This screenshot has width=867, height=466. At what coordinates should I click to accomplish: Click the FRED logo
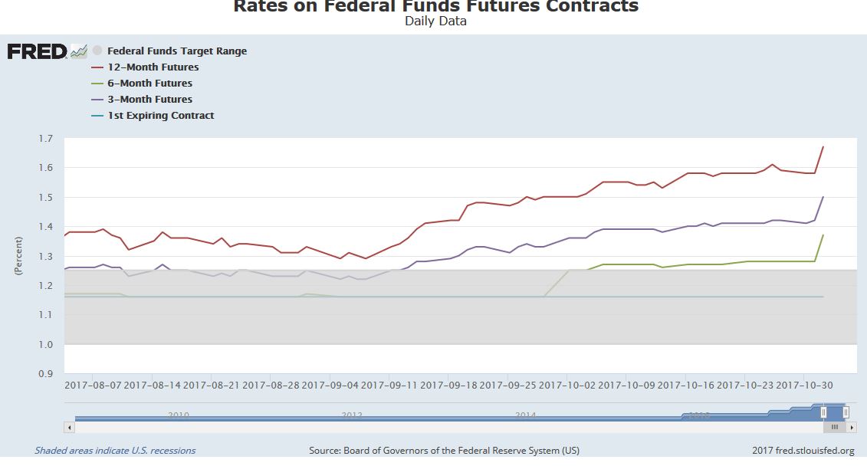pyautogui.click(x=37, y=51)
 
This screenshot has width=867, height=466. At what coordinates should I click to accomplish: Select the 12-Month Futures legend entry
pyautogui.click(x=153, y=67)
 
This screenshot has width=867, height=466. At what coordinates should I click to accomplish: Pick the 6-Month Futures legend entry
pyautogui.click(x=149, y=84)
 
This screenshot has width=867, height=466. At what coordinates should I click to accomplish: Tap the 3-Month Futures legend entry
pyautogui.click(x=149, y=100)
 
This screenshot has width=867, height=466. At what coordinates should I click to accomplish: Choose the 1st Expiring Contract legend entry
pyautogui.click(x=160, y=116)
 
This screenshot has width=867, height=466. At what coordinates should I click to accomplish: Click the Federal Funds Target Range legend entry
pyautogui.click(x=176, y=51)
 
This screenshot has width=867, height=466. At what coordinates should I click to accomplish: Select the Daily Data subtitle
pyautogui.click(x=435, y=21)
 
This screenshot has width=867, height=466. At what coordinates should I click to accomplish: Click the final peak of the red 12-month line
pyautogui.click(x=823, y=146)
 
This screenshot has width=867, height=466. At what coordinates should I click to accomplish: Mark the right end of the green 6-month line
pyautogui.click(x=823, y=235)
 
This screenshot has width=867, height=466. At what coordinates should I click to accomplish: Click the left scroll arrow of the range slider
pyautogui.click(x=70, y=426)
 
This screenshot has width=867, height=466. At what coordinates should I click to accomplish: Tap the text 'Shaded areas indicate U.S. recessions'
pyautogui.click(x=115, y=451)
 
